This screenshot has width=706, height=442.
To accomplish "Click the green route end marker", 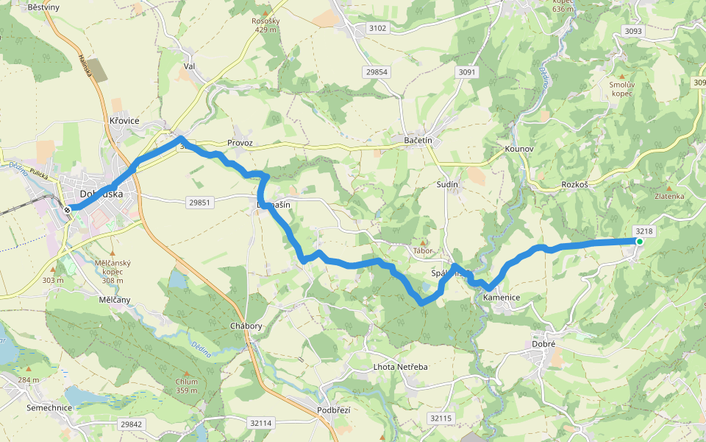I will click(639, 242).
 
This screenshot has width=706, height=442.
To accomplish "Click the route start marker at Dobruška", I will click(68, 210).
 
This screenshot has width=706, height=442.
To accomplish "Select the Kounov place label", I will click(518, 149).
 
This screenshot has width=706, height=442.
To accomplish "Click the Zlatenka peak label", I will click(669, 196).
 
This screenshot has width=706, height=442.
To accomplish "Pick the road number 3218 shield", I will click(644, 231).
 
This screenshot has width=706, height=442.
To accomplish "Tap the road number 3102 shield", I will click(377, 28).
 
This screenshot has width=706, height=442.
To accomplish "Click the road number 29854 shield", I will click(375, 71).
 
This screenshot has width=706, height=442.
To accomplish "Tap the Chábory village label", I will click(246, 326).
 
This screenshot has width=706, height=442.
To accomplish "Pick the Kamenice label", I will click(502, 298).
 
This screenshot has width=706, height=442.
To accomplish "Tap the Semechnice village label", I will click(46, 407).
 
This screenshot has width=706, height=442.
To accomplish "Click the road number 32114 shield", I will click(261, 423).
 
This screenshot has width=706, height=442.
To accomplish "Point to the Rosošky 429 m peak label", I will click(265, 25).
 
